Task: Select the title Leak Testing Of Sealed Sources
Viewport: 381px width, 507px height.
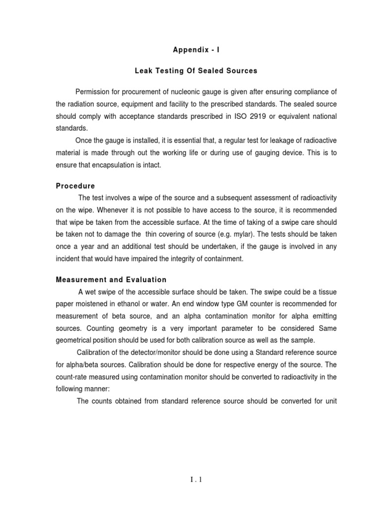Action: tap(196, 71)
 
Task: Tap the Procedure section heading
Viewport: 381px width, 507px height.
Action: tap(75, 186)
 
